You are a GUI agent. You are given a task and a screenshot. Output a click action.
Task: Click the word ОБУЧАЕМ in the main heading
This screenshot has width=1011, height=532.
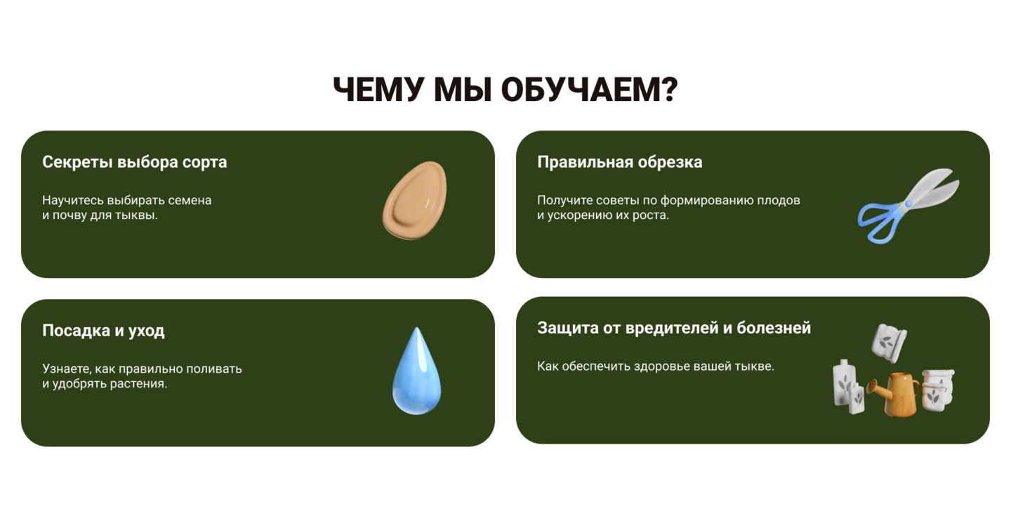coord(590,89)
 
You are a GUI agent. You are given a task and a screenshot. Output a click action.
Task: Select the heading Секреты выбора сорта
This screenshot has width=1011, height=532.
coord(135,162)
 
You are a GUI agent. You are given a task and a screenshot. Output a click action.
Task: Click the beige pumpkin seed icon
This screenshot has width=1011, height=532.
coord(415,200)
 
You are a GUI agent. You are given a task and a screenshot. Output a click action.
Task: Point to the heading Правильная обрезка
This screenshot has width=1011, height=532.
coord(620,162)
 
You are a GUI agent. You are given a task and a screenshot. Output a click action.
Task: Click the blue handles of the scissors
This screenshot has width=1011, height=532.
coord(881,222)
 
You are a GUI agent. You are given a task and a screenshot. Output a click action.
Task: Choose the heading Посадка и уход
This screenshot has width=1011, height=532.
coord(103,331)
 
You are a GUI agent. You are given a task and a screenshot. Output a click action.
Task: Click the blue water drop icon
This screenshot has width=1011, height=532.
coord(416,371)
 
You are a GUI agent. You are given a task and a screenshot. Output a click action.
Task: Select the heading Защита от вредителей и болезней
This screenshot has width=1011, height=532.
coord(674,328)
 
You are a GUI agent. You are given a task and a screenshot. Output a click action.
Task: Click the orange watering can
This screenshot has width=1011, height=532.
coord(897,394)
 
